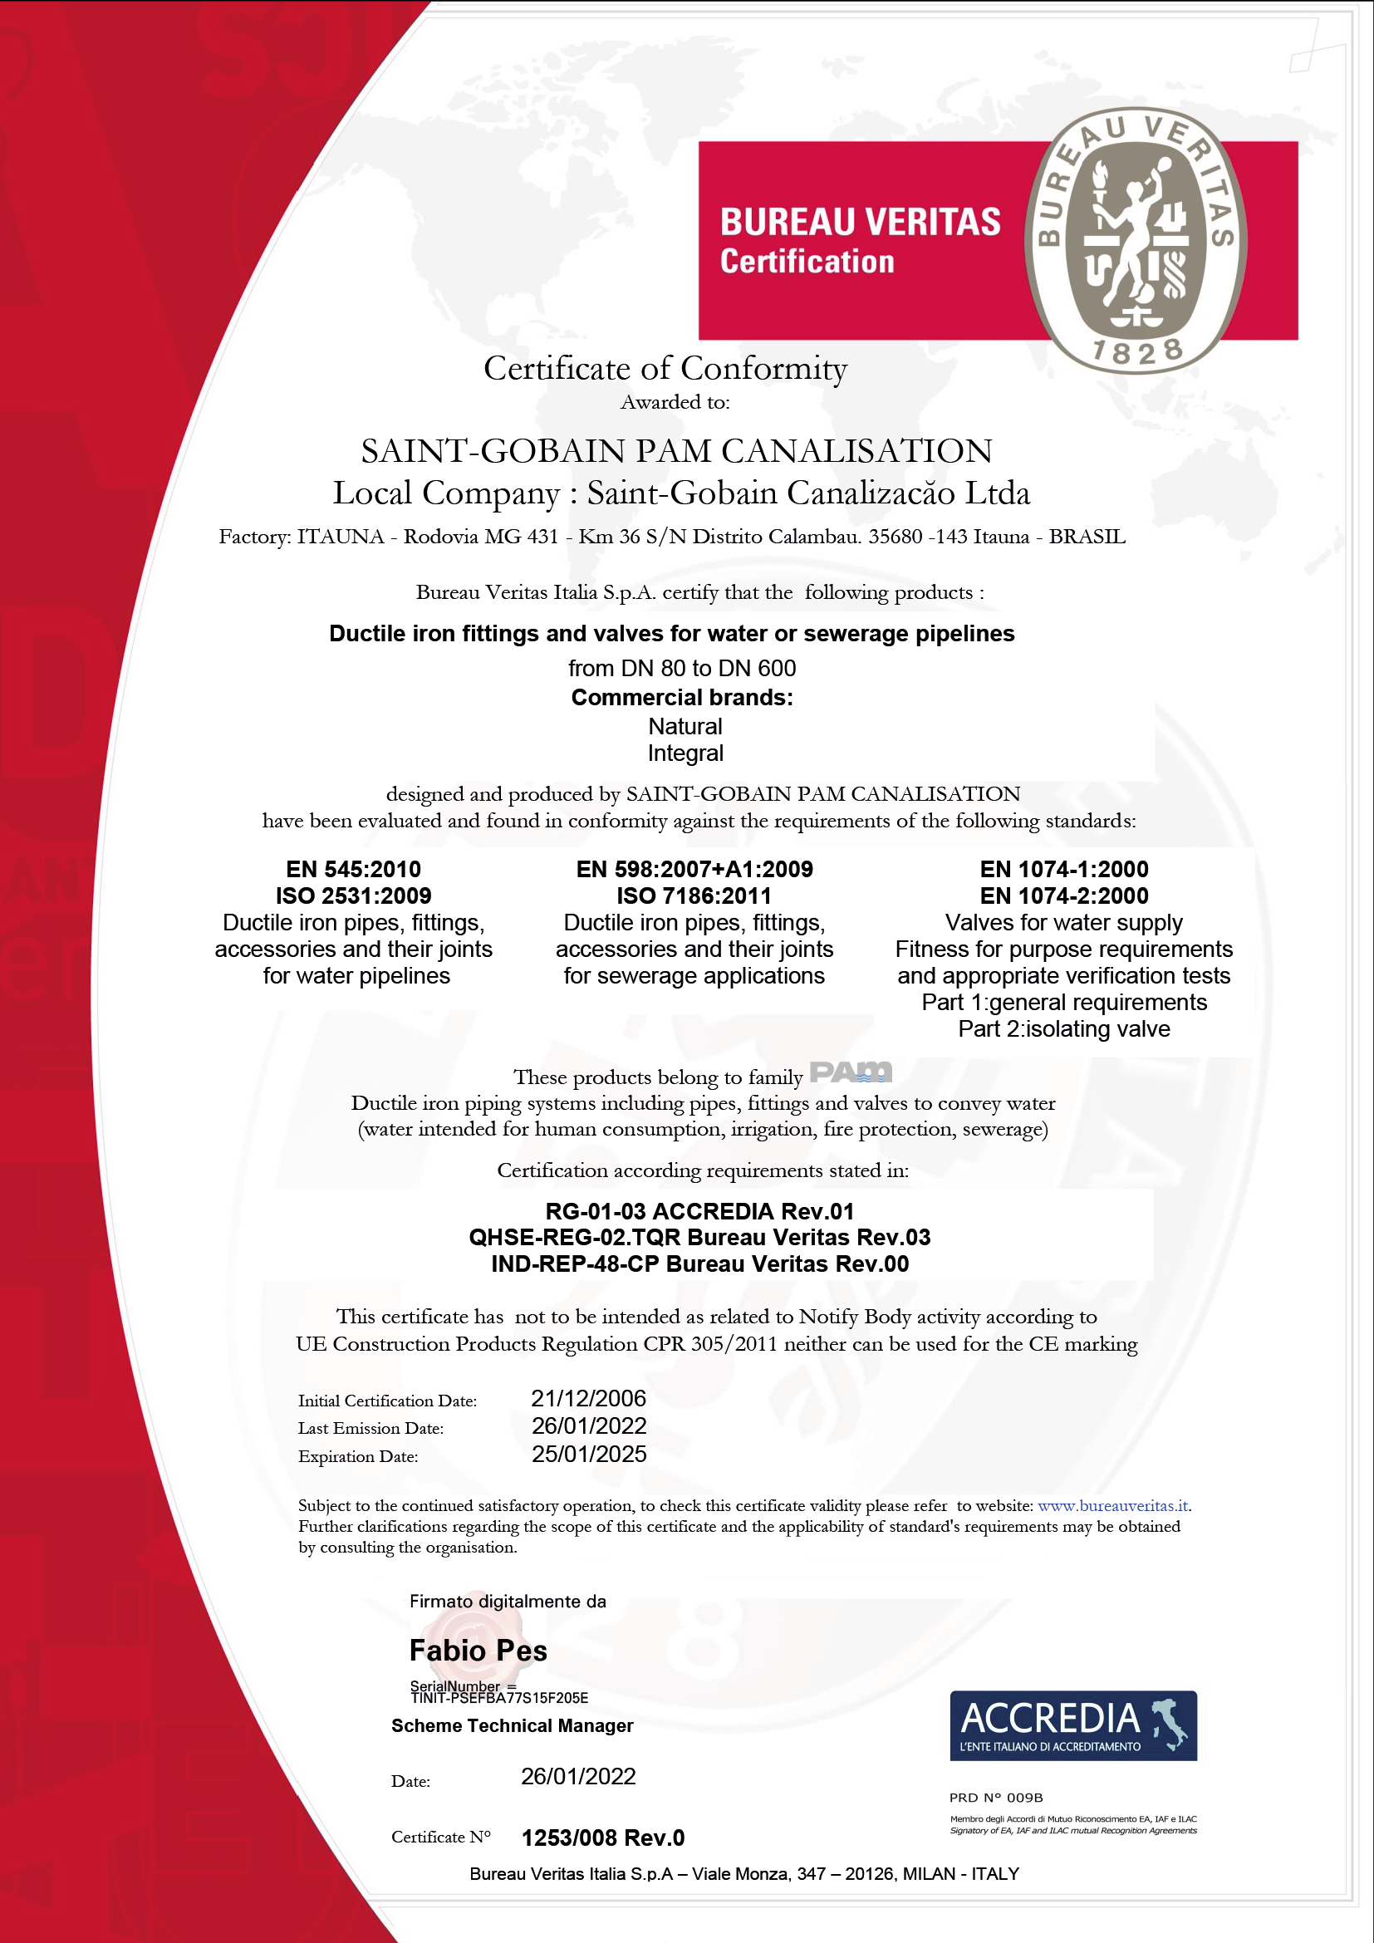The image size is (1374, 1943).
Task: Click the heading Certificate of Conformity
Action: pyautogui.click(x=665, y=368)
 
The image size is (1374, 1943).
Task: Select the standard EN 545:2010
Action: pyautogui.click(x=353, y=869)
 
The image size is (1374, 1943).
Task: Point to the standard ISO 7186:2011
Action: pyautogui.click(x=694, y=895)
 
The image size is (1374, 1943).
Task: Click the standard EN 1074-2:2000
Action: pyautogui.click(x=1063, y=895)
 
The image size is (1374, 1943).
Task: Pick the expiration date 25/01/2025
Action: pyautogui.click(x=589, y=1454)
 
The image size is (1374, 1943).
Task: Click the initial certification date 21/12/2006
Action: pyautogui.click(x=588, y=1398)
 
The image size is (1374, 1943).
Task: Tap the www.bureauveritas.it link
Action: pyautogui.click(x=1112, y=1505)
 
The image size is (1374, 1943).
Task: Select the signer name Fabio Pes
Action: pyautogui.click(x=478, y=1651)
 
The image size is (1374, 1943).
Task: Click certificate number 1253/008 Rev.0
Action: pyautogui.click(x=602, y=1838)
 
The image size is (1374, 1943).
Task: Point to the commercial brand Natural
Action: pyautogui.click(x=685, y=726)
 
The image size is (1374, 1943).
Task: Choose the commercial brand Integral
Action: pyautogui.click(x=685, y=753)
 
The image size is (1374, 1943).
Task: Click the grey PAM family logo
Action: pyautogui.click(x=851, y=1073)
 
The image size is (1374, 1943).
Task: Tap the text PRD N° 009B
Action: pyautogui.click(x=996, y=1797)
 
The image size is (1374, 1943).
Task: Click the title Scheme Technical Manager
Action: pyautogui.click(x=512, y=1725)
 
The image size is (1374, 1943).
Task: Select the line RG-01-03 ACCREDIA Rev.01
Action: pyautogui.click(x=699, y=1211)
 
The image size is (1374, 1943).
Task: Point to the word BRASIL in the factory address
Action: pyautogui.click(x=1087, y=537)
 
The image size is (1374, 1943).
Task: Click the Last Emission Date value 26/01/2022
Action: pyautogui.click(x=589, y=1426)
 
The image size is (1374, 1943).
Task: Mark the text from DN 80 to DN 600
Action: pyautogui.click(x=682, y=669)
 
